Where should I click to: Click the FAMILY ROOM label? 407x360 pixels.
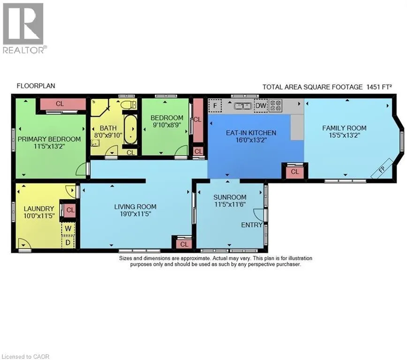click(344, 128)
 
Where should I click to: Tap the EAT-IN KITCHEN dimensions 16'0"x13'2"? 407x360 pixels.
click(251, 140)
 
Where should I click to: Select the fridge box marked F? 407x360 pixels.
click(215, 105)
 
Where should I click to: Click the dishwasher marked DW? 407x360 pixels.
click(261, 105)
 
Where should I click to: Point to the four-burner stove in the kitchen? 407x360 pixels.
click(275, 105)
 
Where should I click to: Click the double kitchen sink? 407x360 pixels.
click(243, 106)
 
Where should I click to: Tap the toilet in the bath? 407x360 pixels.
click(128, 105)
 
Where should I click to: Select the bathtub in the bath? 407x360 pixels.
click(130, 129)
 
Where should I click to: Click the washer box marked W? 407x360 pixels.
click(68, 229)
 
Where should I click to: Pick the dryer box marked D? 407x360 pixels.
click(68, 242)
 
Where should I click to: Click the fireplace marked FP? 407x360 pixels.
click(381, 169)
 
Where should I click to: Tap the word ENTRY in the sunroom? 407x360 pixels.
click(252, 225)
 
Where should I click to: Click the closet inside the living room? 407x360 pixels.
click(184, 244)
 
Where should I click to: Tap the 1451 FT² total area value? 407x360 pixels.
click(379, 87)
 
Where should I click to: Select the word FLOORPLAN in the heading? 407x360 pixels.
click(36, 86)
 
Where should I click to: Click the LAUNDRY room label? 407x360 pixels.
click(39, 209)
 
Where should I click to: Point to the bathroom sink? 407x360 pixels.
click(95, 143)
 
